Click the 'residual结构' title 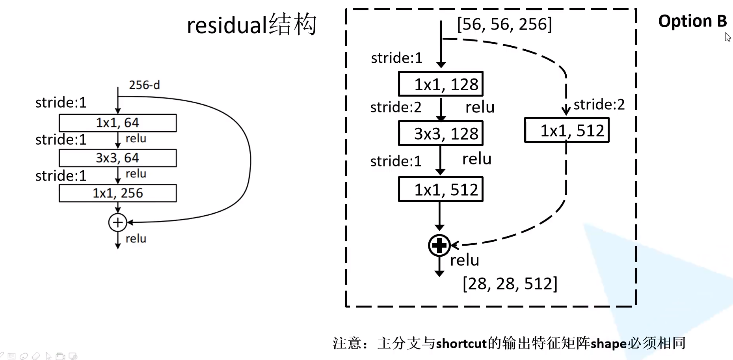(x=251, y=25)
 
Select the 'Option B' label (x=692, y=21)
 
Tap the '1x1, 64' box (x=117, y=123)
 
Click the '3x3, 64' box (x=117, y=158)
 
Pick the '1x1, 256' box (x=117, y=193)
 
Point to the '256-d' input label (x=144, y=85)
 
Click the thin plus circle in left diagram (x=117, y=222)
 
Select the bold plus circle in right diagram (x=439, y=246)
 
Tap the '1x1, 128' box (x=441, y=84)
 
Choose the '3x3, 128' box (x=441, y=134)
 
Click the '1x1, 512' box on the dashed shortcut (x=567, y=131)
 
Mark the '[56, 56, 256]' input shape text (x=504, y=24)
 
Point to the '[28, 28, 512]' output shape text (x=510, y=284)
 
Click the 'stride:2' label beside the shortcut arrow (x=599, y=104)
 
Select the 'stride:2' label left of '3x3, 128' (x=396, y=107)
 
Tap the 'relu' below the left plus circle (x=136, y=239)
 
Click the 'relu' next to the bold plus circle (x=465, y=260)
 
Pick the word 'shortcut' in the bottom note (x=461, y=343)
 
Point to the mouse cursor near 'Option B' (x=727, y=37)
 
